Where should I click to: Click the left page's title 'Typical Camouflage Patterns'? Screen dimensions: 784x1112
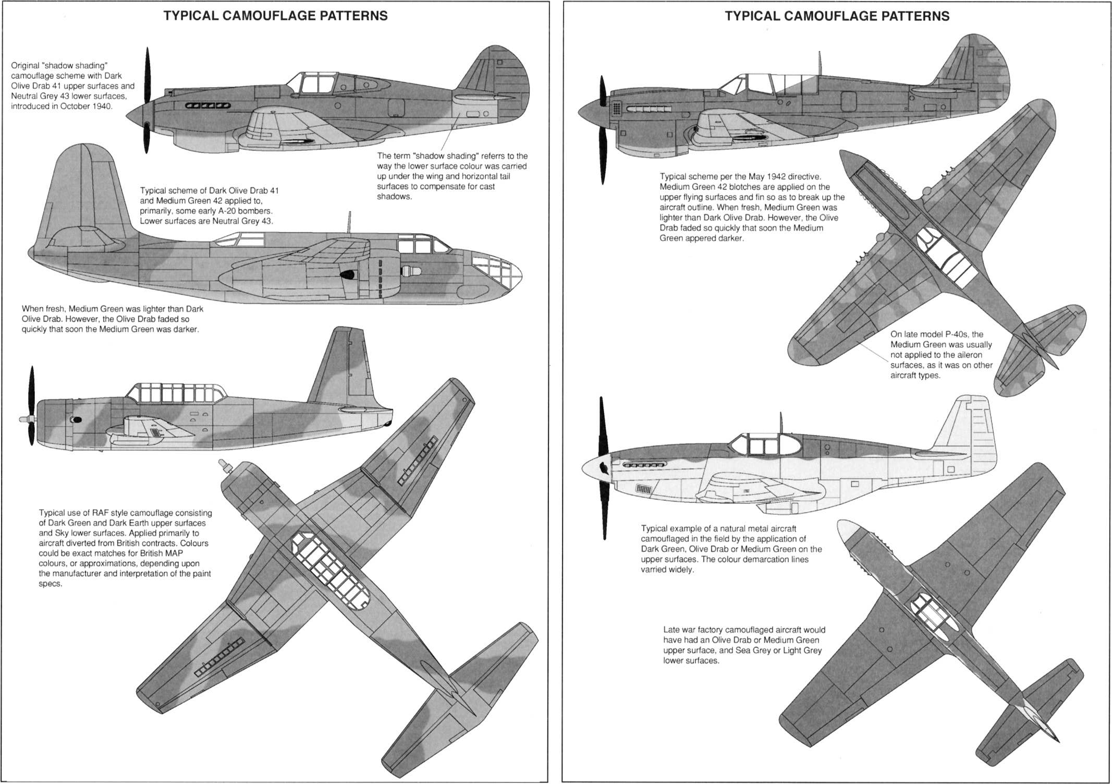pos(275,16)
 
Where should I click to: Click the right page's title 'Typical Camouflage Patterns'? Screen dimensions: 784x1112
pos(837,16)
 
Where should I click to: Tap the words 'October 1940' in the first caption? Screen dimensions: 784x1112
pos(86,106)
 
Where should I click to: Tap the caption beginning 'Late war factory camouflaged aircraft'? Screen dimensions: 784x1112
pos(744,645)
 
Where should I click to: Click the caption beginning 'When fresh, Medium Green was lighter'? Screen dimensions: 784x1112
pos(112,319)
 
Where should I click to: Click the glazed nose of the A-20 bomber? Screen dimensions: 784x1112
pos(498,271)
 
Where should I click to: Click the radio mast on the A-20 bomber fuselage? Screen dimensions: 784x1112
pos(349,222)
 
